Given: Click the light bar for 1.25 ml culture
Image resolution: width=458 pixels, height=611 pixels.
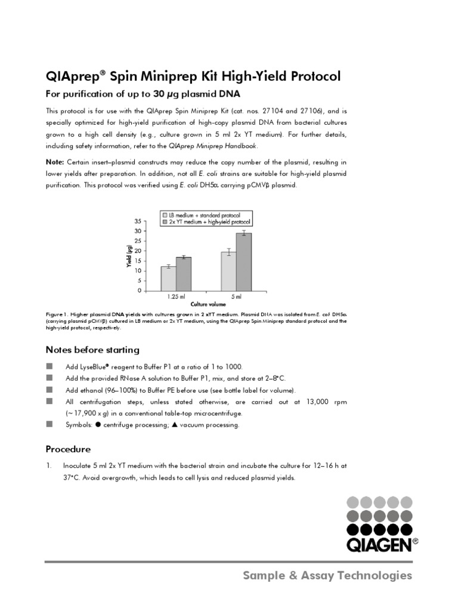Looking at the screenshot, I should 168,278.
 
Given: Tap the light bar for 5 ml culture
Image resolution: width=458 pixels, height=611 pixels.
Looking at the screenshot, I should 228,271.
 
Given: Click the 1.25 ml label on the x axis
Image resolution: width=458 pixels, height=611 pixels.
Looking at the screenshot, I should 175,296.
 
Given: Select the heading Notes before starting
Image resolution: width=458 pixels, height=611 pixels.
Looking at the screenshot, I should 92,350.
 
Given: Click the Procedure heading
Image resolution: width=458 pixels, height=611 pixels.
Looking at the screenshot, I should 69,449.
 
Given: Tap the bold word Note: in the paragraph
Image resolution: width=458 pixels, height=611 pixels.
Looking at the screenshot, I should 55,162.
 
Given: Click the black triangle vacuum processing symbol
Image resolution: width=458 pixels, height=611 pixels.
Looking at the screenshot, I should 174,425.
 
